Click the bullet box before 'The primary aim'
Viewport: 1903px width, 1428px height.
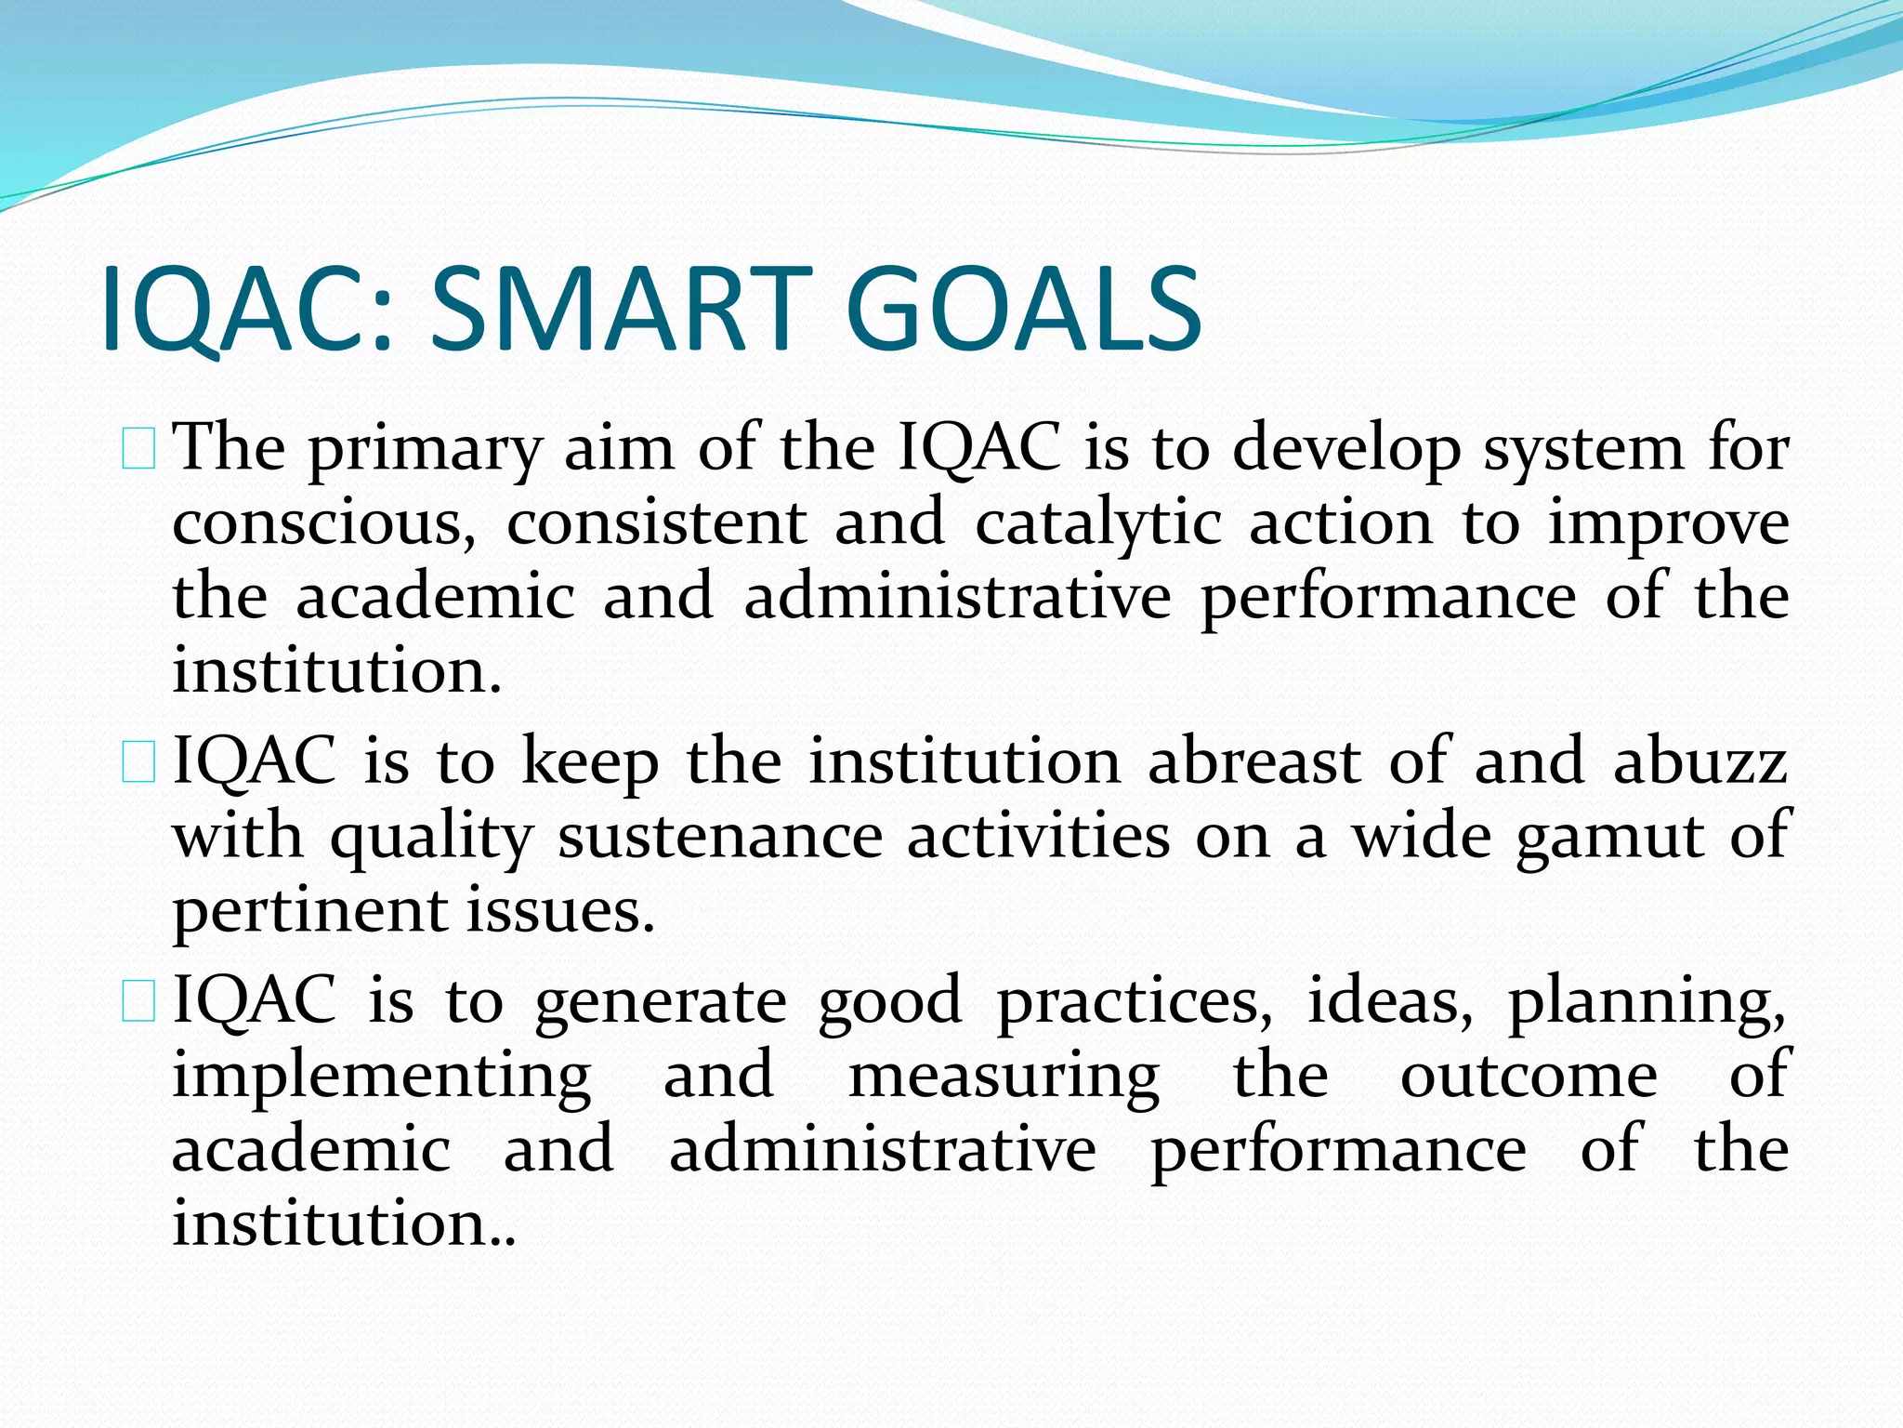pyautogui.click(x=138, y=449)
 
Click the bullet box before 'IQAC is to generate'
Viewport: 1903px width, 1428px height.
pyautogui.click(x=138, y=1002)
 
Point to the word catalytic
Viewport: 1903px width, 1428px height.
pyautogui.click(x=1097, y=523)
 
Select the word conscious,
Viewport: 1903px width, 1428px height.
pyautogui.click(x=324, y=523)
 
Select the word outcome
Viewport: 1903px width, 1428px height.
pyautogui.click(x=1529, y=1076)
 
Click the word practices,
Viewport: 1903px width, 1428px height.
pyautogui.click(x=1135, y=1002)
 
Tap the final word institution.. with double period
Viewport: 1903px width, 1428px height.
pyautogui.click(x=343, y=1223)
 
